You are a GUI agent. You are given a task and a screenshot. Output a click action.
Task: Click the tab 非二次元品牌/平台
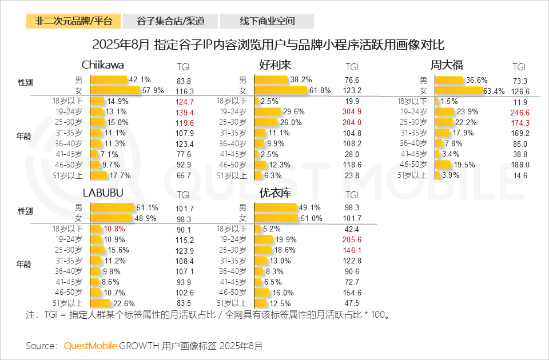74,22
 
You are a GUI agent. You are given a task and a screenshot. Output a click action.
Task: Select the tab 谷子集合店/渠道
170,22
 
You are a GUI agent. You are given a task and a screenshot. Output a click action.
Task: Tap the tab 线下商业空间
267,22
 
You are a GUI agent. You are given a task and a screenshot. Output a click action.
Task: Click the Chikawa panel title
103,64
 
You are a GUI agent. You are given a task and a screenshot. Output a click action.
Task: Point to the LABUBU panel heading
103,193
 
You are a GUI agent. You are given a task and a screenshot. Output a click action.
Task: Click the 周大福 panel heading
447,64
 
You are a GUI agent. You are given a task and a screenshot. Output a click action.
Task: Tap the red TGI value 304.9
352,111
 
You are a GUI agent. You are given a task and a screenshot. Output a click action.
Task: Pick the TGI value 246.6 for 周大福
520,111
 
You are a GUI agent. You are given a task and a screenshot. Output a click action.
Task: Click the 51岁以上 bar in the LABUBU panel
101,303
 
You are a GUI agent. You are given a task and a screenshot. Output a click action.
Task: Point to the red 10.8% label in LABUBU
114,229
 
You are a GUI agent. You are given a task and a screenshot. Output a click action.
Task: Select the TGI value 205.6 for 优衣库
352,239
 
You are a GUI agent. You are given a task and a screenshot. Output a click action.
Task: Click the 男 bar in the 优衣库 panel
276,208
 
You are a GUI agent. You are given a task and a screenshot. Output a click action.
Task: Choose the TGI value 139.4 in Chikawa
184,111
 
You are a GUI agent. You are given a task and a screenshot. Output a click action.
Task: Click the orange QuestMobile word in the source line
90,346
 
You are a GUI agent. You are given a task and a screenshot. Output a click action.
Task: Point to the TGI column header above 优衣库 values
352,194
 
